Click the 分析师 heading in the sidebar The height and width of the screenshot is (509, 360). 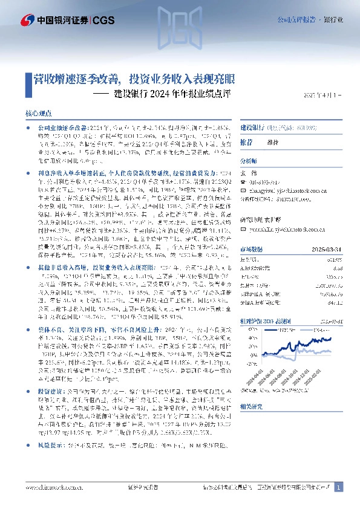248,161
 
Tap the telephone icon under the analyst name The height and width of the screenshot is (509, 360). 243,181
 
